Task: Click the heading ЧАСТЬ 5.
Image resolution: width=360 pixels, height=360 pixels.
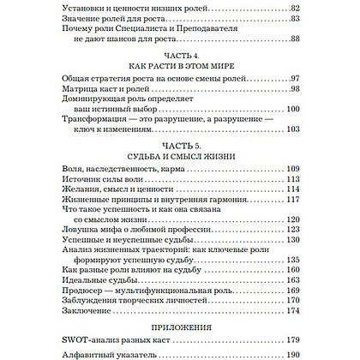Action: (179, 148)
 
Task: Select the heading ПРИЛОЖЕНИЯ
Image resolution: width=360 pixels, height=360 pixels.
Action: (179, 303)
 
